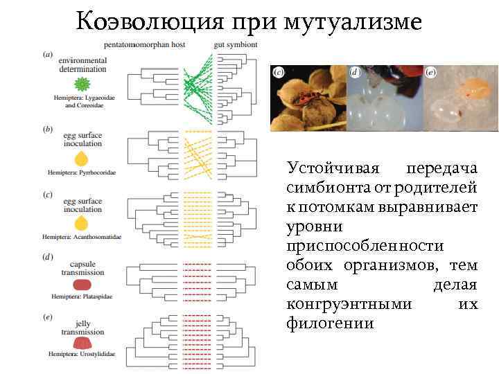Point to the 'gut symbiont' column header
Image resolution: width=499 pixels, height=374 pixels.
(236, 44)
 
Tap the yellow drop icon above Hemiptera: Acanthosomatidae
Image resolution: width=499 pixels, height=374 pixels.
(82, 223)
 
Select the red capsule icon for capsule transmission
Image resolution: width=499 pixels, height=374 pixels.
(82, 284)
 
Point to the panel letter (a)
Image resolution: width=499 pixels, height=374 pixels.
(47, 54)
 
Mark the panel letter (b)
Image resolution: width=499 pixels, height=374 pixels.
(47, 129)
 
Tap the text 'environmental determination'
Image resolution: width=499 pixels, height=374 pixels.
(83, 65)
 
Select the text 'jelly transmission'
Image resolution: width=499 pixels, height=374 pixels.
(82, 328)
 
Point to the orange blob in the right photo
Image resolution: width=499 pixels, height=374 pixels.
(474, 87)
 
